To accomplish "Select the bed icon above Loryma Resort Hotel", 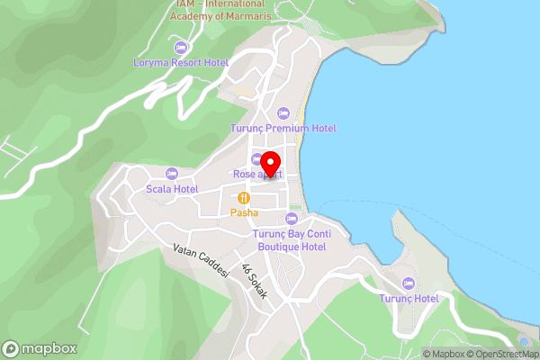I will coord(181,47).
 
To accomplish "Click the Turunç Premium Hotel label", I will coord(283,128).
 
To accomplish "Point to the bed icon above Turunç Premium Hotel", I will coord(283,113).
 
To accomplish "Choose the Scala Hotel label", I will coord(172,189).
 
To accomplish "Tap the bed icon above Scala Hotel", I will coord(172,174).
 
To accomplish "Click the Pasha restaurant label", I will coord(243,212).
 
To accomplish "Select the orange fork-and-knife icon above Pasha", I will coord(243,198).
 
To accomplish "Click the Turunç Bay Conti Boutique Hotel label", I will coord(291,240).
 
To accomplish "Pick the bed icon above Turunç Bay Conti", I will coord(291,219).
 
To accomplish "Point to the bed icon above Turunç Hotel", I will coord(409,283).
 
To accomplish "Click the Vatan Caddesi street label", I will coord(201,261).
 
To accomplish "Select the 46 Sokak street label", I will coord(253,277).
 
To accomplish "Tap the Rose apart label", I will coord(256,174).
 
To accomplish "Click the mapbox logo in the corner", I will coord(39,348).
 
